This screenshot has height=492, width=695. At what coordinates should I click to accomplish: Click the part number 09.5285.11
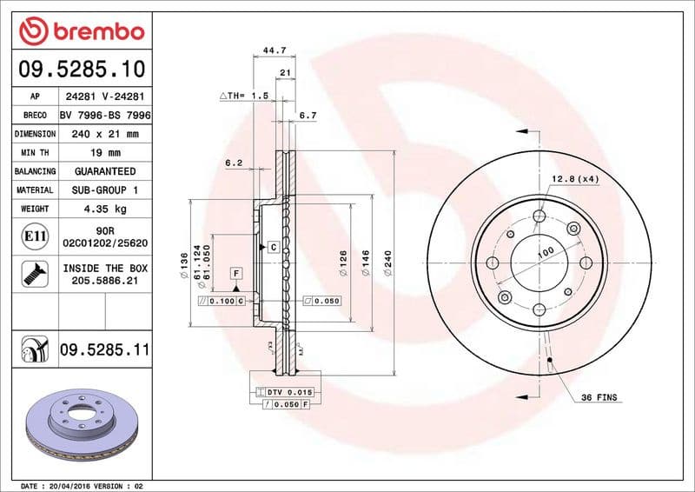(104, 350)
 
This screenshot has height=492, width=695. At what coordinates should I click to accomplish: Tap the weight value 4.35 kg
(104, 209)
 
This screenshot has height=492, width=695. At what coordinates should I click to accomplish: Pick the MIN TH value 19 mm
(104, 153)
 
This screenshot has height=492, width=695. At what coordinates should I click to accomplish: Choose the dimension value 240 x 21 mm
(104, 135)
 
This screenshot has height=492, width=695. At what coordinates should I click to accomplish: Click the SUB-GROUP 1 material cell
(104, 189)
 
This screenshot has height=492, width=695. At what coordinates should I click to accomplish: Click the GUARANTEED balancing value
(104, 171)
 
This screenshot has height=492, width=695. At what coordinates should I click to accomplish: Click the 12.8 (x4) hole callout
(575, 179)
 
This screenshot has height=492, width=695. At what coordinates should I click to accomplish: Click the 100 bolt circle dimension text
(545, 253)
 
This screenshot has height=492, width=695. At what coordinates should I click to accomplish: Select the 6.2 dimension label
(233, 163)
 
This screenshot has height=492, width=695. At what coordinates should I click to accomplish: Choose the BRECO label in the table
(35, 116)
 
